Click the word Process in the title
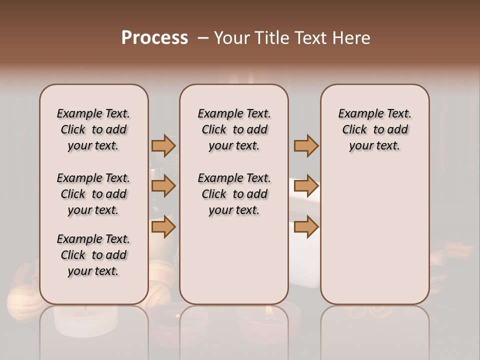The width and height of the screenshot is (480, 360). [x=154, y=38]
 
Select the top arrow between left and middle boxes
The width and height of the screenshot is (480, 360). [x=163, y=145]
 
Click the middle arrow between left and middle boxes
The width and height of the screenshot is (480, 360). [x=163, y=186]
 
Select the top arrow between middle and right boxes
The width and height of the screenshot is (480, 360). [x=306, y=145]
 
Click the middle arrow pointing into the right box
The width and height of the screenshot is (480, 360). [x=306, y=186]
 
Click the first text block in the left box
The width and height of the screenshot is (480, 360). [x=93, y=129]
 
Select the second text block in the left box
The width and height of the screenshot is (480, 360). [x=93, y=194]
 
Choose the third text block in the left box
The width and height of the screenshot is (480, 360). [x=93, y=255]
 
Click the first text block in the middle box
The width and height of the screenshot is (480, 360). [x=234, y=129]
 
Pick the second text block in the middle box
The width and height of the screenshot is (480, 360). [x=234, y=194]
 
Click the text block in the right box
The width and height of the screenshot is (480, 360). [x=374, y=129]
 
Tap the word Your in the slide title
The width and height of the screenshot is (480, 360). [x=232, y=38]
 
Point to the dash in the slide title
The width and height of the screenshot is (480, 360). [x=202, y=38]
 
